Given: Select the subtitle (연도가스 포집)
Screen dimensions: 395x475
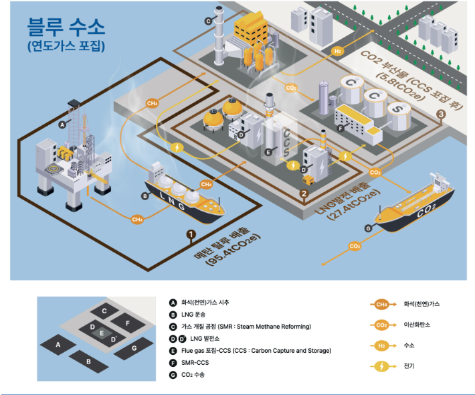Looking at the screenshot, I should click(x=66, y=48).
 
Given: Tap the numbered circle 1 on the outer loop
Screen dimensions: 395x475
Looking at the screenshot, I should click(x=191, y=234).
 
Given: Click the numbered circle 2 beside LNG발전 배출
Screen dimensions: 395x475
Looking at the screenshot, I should click(x=304, y=194).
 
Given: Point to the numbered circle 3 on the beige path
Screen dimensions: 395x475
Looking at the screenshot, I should click(x=441, y=114).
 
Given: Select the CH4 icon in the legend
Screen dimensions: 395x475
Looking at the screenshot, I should click(x=381, y=305).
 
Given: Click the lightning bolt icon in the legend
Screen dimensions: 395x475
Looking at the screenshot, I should click(x=381, y=366).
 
